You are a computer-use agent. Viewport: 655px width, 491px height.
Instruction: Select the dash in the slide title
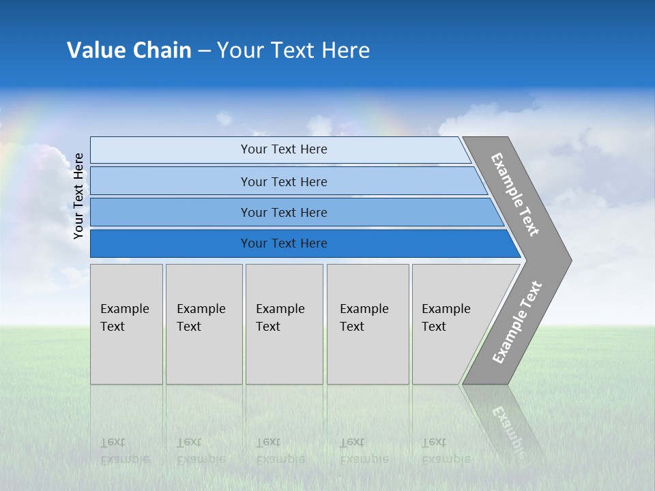204,51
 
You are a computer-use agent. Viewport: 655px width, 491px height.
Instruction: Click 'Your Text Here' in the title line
293,50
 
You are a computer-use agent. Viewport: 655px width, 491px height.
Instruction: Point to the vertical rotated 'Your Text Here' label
78,196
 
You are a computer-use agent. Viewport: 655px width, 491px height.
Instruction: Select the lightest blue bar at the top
283,149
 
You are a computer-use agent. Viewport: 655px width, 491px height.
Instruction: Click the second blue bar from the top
283,181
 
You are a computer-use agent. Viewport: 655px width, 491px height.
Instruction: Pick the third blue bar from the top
283,212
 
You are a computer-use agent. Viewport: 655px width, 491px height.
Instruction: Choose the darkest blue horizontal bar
283,243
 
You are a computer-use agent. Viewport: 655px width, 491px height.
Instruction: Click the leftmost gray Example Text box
126,324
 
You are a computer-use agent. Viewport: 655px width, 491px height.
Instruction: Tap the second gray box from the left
203,324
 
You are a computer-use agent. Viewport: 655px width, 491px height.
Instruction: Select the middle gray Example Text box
284,324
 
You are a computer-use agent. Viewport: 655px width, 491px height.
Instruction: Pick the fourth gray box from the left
367,324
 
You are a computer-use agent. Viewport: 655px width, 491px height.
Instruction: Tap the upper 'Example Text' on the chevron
516,194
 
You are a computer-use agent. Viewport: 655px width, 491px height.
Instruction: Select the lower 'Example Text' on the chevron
516,323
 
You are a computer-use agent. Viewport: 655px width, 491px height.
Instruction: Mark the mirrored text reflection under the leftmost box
124,451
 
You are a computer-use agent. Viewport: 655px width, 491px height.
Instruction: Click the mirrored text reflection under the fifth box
446,451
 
